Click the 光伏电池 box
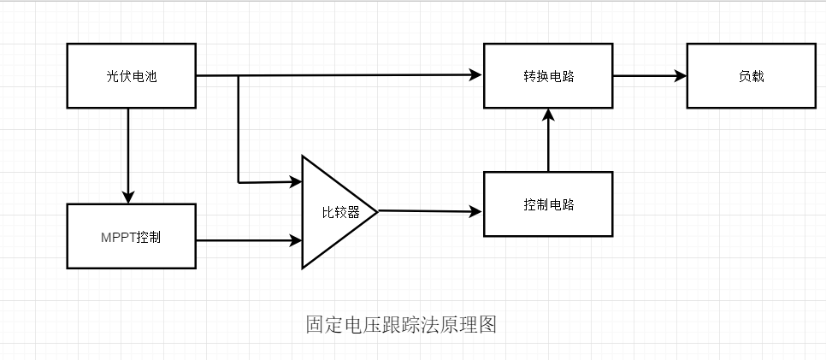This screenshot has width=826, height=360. point(131,76)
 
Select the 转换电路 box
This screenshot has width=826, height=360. point(548,76)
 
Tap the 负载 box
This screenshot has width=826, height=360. point(751,76)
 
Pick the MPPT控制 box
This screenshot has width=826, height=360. point(131,237)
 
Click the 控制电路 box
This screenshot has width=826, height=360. point(548,204)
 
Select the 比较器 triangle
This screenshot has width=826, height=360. point(333,212)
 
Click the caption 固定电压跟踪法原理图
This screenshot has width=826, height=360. point(401,325)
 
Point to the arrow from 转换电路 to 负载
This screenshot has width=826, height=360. point(649,75)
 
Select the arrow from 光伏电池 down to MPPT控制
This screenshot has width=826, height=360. point(128,155)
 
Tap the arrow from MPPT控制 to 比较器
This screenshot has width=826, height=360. point(249,240)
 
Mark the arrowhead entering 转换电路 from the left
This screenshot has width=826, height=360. point(476,75)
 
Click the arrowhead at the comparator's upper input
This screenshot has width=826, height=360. point(296,181)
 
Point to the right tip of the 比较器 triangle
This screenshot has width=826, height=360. point(376,211)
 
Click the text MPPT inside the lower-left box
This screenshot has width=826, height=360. point(117,237)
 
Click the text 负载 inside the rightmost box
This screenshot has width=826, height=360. point(751,76)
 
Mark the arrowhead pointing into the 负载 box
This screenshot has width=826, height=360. point(681,75)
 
